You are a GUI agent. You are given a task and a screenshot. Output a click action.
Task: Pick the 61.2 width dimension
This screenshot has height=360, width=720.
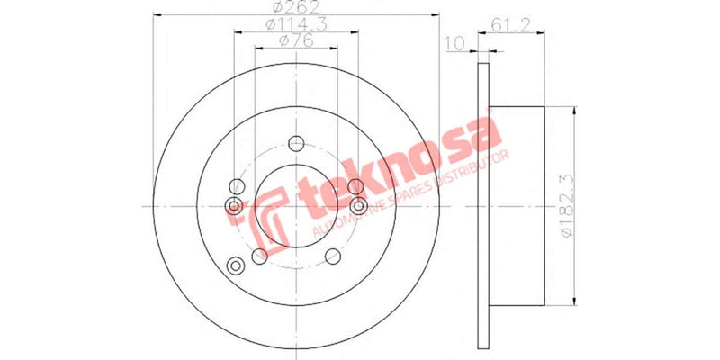(509, 25)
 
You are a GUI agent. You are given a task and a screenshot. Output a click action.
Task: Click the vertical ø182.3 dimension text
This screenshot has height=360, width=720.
(565, 205)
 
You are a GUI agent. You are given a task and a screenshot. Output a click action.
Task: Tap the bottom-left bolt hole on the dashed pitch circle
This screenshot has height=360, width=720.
(260, 256)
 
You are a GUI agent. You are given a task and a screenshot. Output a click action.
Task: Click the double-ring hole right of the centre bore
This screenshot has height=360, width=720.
(359, 206)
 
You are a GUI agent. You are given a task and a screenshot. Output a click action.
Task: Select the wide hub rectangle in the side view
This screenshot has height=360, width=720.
(517, 205)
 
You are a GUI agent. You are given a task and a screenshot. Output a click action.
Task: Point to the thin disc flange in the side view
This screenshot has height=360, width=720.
(482, 205)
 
